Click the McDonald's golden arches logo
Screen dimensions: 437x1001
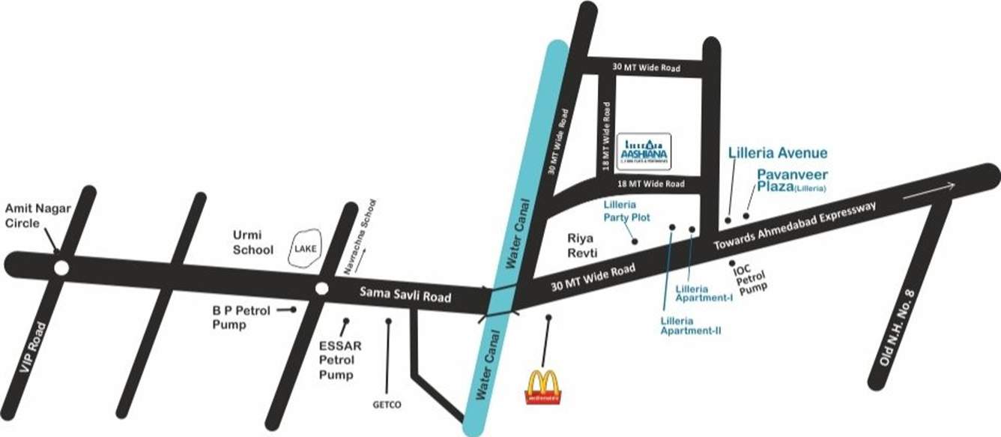coord(543,385)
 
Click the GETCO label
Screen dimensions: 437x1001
coord(387,406)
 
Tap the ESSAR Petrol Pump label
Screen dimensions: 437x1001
coord(341,361)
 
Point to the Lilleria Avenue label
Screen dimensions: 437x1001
coord(778,154)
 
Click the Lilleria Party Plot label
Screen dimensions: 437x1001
coord(620,211)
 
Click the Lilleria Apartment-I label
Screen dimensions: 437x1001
coord(704,293)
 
